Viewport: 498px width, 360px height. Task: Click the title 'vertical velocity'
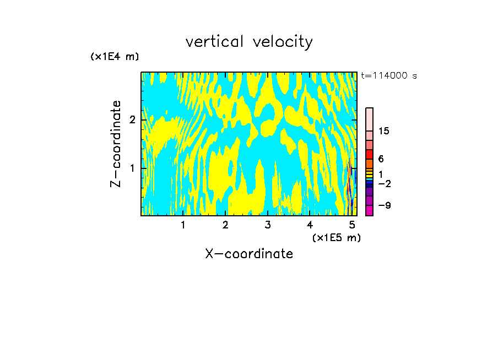tap(249, 41)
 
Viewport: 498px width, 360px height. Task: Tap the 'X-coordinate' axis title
tap(249, 254)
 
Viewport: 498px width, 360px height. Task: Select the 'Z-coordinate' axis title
tap(116, 144)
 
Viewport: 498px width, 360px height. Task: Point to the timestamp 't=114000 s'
tap(389, 75)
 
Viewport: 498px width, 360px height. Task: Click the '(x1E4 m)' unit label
tap(115, 57)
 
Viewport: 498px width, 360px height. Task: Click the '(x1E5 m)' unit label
tap(336, 237)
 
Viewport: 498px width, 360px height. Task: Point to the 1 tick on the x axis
tap(183, 225)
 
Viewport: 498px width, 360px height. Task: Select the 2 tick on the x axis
tap(225, 225)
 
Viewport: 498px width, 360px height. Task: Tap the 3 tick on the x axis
tap(268, 225)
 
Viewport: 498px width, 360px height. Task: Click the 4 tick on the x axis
tap(310, 225)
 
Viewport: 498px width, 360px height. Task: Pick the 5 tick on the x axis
tap(352, 225)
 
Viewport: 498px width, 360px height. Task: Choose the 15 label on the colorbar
tap(384, 131)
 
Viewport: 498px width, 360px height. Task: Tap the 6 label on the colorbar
tap(381, 159)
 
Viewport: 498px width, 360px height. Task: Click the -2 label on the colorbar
tap(384, 183)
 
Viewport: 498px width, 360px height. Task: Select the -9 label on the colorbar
tap(384, 206)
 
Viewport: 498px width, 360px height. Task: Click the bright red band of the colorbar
tap(369, 154)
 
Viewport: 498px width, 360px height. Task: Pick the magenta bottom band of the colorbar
tap(369, 210)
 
